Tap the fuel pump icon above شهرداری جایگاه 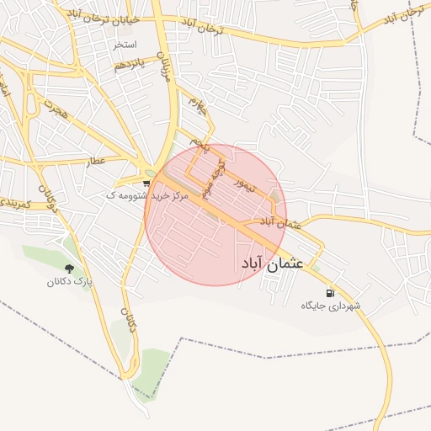point(328,293)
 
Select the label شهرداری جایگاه point(331,306)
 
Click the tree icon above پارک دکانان point(69,269)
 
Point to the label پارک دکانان point(69,282)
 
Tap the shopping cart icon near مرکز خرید point(146,182)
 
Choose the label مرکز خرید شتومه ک point(141,194)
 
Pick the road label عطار point(98,160)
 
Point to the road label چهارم point(196,106)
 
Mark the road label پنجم point(200,145)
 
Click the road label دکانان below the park point(129,324)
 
